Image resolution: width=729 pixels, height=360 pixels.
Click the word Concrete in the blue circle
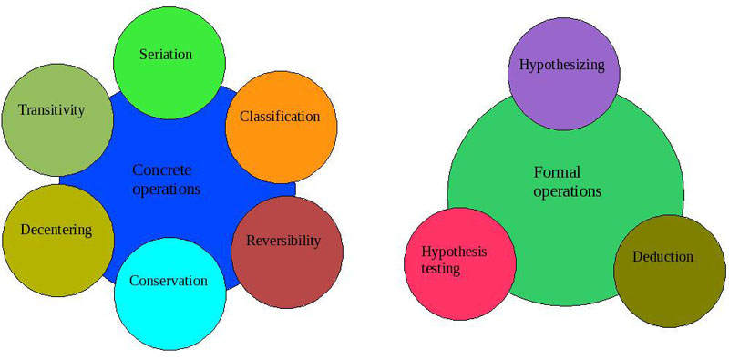coord(163,170)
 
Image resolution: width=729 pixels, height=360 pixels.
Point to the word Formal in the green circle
coord(557,172)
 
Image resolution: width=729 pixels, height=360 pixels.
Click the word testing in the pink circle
coord(440,269)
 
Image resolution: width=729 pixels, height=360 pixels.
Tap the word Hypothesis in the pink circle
coord(455,252)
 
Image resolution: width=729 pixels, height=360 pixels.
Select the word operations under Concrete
coord(166,190)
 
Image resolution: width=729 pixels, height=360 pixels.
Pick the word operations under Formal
coord(567,191)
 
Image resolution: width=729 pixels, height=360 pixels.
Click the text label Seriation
coord(166,54)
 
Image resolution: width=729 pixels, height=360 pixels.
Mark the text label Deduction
coord(662,257)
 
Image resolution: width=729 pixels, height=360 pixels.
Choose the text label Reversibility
coord(283,241)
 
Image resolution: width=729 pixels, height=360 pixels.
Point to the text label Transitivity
coord(52,110)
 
